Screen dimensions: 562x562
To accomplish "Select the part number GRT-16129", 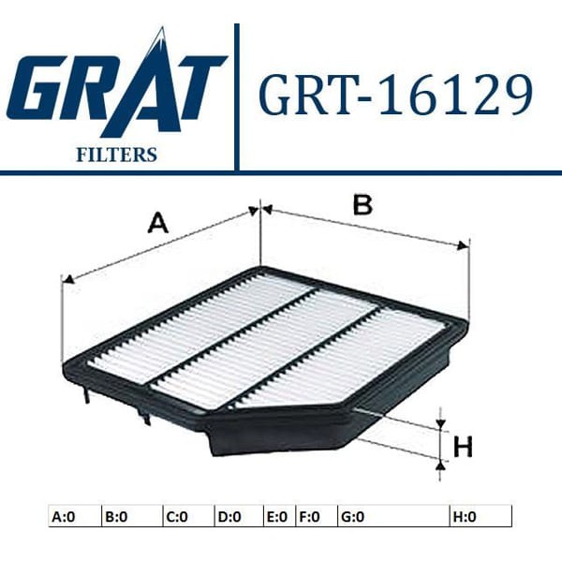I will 394,94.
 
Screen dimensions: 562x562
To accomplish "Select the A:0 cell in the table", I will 74,515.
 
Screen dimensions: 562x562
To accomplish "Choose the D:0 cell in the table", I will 238,515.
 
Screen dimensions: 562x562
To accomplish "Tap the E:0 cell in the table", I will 279,515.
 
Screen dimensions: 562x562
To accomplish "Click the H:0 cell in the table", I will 480,515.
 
